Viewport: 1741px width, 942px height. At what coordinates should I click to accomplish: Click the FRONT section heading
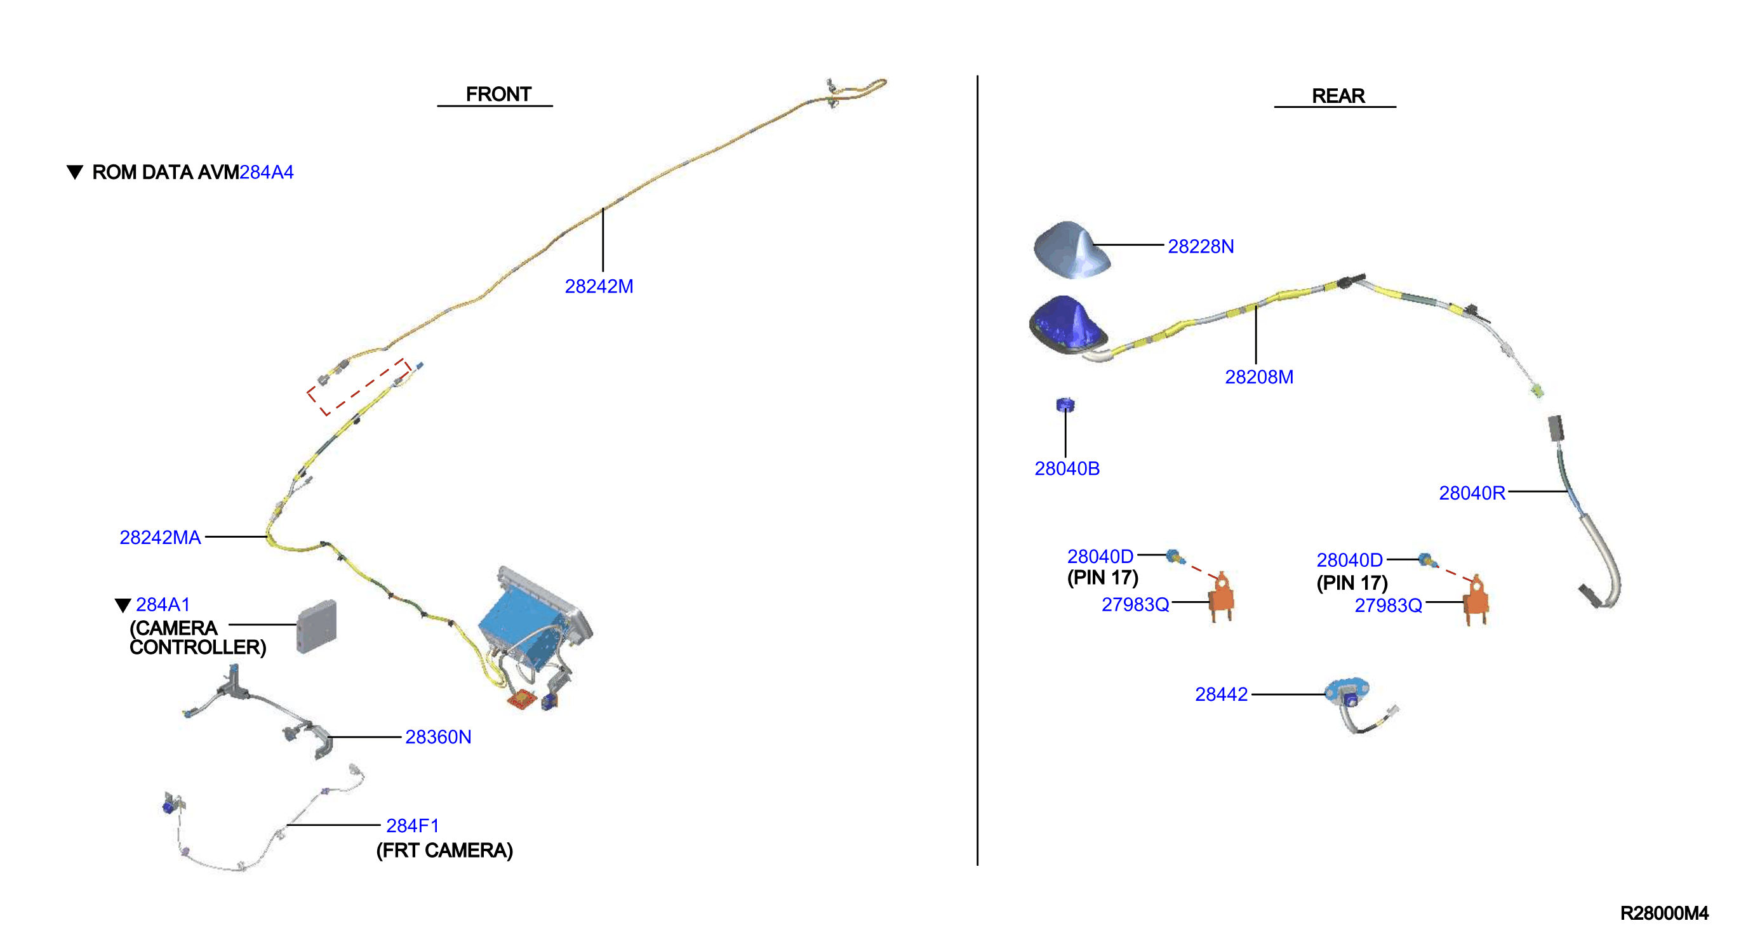pos(498,94)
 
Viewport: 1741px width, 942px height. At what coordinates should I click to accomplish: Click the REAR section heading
pos(1338,96)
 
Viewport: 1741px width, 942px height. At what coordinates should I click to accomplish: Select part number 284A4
pos(266,172)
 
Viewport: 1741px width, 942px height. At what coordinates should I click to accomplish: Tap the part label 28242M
pos(599,286)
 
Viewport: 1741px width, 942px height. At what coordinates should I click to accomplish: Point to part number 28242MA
pos(160,537)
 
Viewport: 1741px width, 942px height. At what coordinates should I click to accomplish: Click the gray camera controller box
pos(316,627)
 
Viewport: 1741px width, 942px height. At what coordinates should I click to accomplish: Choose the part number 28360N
pos(438,736)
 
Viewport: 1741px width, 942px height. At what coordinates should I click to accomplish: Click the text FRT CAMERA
pos(444,850)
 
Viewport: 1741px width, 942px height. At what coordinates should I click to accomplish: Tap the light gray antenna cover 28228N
pos(1071,250)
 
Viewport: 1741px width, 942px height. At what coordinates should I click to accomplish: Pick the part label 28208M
pos(1259,377)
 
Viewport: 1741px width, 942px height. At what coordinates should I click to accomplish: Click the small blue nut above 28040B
pos(1065,405)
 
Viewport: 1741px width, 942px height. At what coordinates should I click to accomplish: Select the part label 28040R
pos(1472,493)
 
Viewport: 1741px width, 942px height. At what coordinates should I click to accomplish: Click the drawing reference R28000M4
pos(1664,913)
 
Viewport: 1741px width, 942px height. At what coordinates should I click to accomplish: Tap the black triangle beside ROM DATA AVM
pos(75,171)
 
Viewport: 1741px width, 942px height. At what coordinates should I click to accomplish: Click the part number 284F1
pos(412,826)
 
